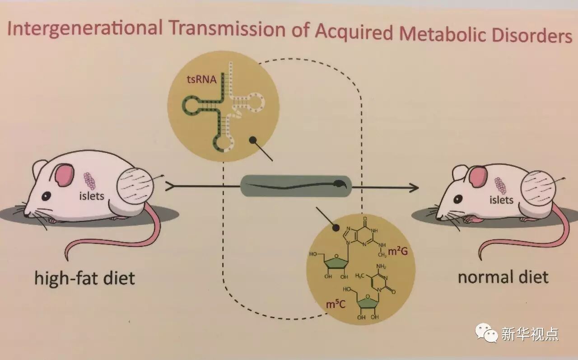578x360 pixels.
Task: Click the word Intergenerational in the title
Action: (x=85, y=29)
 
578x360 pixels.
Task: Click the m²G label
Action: (x=398, y=251)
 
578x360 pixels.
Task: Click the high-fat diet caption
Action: (x=84, y=277)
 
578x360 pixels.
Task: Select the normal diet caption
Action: (x=503, y=276)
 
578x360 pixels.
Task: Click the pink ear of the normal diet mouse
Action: (x=478, y=177)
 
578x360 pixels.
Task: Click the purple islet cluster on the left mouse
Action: (x=90, y=181)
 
